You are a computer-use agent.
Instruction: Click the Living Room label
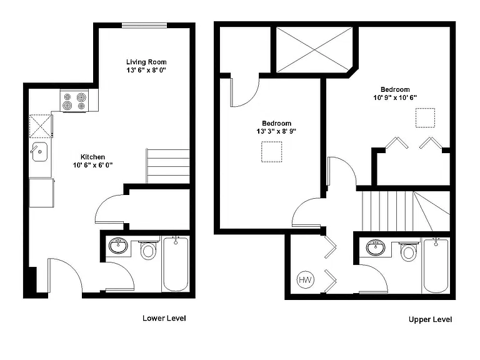pos(146,62)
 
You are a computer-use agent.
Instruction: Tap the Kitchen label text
pos(92,157)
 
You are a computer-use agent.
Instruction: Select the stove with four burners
pos(74,101)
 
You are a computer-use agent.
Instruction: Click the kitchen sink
pos(40,152)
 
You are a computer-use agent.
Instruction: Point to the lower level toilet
pos(149,249)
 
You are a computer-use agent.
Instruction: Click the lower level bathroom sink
pos(118,246)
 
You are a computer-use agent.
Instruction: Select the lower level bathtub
pos(176,264)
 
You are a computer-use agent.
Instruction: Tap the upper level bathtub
pos(436,266)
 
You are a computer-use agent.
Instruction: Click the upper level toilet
pos(409,251)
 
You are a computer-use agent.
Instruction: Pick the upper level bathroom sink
pos(376,247)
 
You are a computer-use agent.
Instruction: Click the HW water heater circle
pos(306,279)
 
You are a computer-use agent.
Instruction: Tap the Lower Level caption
pos(164,318)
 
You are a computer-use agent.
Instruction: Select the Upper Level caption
pos(430,319)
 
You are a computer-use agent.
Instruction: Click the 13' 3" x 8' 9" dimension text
pos(276,132)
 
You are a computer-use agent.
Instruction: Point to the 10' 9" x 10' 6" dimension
pos(395,97)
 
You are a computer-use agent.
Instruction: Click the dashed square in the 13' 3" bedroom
pos(271,151)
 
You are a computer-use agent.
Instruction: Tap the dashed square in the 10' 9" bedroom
pos(425,117)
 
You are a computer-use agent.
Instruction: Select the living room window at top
pos(144,26)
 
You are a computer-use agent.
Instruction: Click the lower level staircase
pos(168,166)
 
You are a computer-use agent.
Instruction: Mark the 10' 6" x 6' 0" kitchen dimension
pos(92,165)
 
